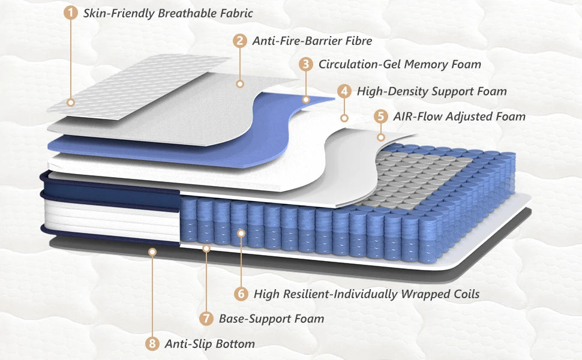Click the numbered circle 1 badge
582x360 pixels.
[x=71, y=13]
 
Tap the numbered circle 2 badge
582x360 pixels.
[x=240, y=40]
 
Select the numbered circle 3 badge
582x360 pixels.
[x=306, y=64]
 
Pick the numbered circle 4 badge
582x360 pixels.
[x=344, y=91]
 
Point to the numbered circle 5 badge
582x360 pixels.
[x=381, y=116]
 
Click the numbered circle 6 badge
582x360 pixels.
[x=241, y=294]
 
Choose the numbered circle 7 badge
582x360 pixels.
[x=206, y=319]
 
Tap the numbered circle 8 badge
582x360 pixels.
[x=152, y=344]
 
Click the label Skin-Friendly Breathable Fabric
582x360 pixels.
[x=168, y=13]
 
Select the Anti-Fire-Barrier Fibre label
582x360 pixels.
[x=312, y=41]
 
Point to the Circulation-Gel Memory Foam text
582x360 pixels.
[x=400, y=65]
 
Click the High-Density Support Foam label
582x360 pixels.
[x=431, y=92]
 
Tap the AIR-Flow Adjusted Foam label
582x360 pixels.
[x=459, y=117]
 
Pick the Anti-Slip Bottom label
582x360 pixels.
[x=210, y=344]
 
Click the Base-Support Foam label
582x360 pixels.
[x=271, y=319]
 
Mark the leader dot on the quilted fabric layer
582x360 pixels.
[x=71, y=103]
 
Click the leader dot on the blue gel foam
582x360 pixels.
[x=306, y=100]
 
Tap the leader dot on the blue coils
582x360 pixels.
[x=241, y=233]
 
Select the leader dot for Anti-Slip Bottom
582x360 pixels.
[x=152, y=252]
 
